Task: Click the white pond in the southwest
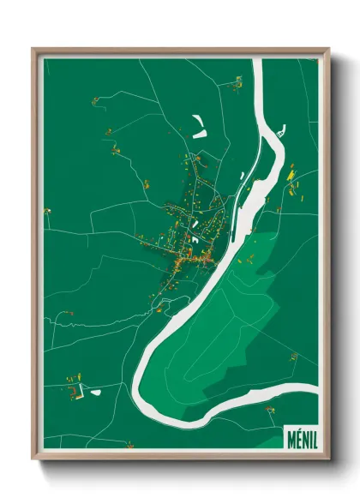coord(93,393)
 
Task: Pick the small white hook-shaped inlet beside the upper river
coord(282,133)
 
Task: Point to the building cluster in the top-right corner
coord(237,81)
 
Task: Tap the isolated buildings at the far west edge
coord(47,211)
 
